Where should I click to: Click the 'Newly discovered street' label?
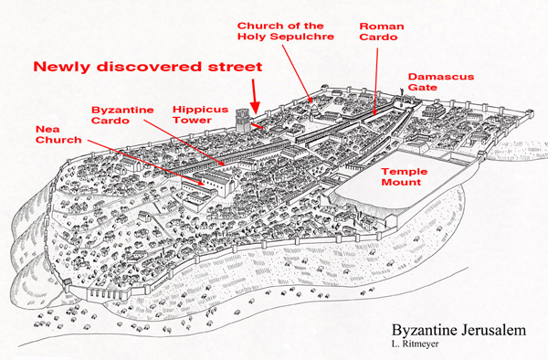tap(148, 67)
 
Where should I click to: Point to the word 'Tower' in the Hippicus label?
tap(188, 122)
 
